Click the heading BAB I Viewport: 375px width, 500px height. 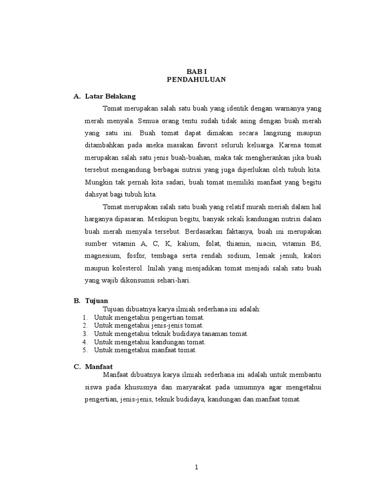click(196, 71)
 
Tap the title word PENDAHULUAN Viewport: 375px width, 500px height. click(196, 80)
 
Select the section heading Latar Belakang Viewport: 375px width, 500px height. click(110, 96)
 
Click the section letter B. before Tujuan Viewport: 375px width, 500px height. click(77, 301)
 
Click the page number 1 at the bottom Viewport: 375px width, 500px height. click(196, 467)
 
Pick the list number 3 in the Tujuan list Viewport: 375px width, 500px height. click(85, 333)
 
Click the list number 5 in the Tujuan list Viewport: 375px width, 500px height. click(85, 350)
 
